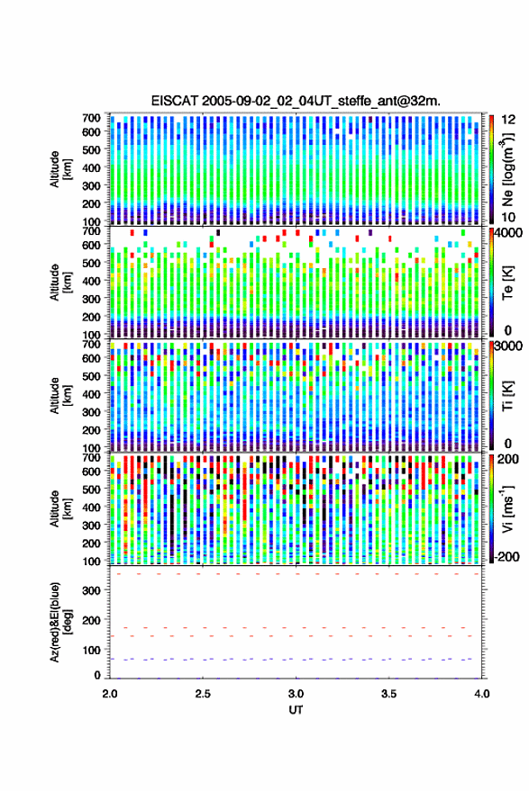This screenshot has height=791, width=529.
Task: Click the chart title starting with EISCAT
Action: click(296, 101)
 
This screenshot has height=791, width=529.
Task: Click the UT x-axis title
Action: click(296, 710)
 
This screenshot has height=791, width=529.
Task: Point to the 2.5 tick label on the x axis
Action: click(203, 694)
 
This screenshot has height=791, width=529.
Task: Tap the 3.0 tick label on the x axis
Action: click(296, 694)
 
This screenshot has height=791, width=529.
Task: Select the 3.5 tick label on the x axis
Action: click(388, 694)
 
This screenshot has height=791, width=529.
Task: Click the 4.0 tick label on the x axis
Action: click(481, 694)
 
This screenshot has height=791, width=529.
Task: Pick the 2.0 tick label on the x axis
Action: click(110, 694)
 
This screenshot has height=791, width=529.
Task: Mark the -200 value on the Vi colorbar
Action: click(506, 557)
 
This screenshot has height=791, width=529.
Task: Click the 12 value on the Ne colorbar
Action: click(508, 120)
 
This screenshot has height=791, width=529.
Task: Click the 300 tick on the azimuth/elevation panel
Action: click(92, 590)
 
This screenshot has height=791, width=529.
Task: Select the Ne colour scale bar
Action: click(492, 169)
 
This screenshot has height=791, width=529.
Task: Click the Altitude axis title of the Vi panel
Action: click(60, 508)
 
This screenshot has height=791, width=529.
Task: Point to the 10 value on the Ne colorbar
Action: click(508, 218)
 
